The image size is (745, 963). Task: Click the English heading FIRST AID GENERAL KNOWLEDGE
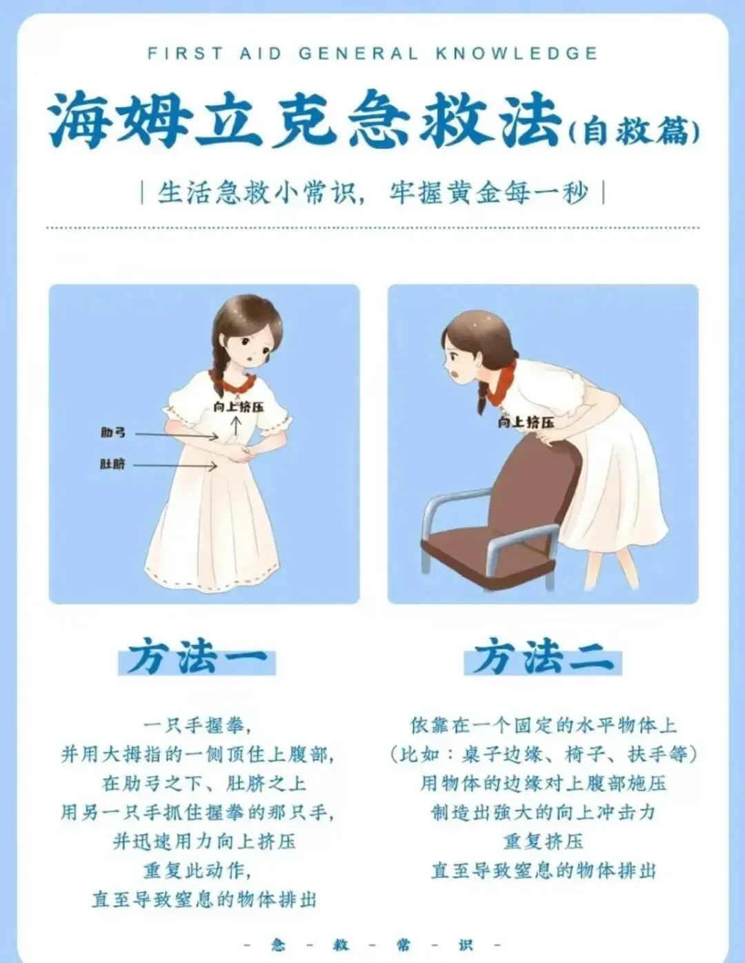point(372,54)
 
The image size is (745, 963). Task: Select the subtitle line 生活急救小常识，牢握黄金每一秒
point(372,192)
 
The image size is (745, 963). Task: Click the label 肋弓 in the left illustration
point(113,432)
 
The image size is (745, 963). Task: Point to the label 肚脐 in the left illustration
point(112,464)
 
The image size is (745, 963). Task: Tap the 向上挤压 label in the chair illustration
point(526,422)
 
